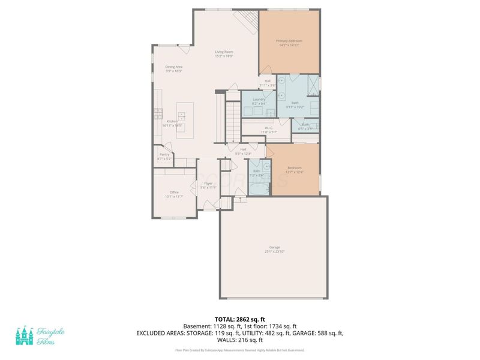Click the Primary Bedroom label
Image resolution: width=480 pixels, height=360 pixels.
click(x=289, y=41)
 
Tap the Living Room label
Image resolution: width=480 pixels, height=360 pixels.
click(x=224, y=52)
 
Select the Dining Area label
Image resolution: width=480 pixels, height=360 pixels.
click(x=174, y=67)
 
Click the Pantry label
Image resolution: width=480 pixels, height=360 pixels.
click(x=164, y=154)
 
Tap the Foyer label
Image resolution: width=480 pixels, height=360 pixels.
click(x=208, y=183)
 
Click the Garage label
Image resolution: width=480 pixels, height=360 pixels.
click(x=275, y=247)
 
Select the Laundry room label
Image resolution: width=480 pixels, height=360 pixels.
click(x=259, y=99)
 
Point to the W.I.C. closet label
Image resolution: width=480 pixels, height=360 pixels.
click(x=269, y=128)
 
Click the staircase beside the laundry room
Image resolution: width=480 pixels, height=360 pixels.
click(x=233, y=120)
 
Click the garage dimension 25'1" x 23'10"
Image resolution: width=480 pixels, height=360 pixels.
click(x=275, y=251)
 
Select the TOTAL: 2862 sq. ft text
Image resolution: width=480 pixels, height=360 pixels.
click(x=239, y=320)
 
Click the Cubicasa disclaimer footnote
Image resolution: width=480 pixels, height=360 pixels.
click(x=239, y=350)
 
